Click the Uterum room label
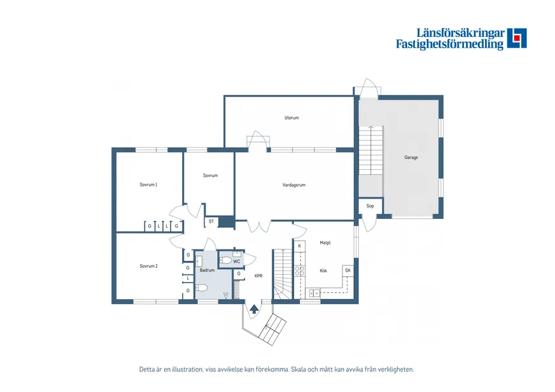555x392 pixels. click(292, 118)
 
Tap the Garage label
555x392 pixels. click(411, 157)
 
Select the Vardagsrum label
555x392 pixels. click(294, 185)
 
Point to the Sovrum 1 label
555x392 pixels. click(148, 185)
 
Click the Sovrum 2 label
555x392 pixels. click(149, 266)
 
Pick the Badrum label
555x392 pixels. click(207, 270)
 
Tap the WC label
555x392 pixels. click(237, 262)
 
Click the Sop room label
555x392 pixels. click(370, 206)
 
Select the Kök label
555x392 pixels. click(323, 270)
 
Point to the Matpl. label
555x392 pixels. click(325, 242)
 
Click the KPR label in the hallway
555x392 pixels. click(259, 276)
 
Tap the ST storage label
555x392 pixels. click(211, 221)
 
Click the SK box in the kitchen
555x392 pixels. click(348, 270)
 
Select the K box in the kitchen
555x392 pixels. click(299, 246)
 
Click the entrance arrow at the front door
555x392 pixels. click(254, 309)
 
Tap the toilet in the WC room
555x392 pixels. click(225, 261)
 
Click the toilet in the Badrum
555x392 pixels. click(201, 288)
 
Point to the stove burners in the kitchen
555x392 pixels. click(300, 271)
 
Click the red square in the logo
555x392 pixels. click(517, 38)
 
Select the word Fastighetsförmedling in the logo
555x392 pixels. click(449, 44)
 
